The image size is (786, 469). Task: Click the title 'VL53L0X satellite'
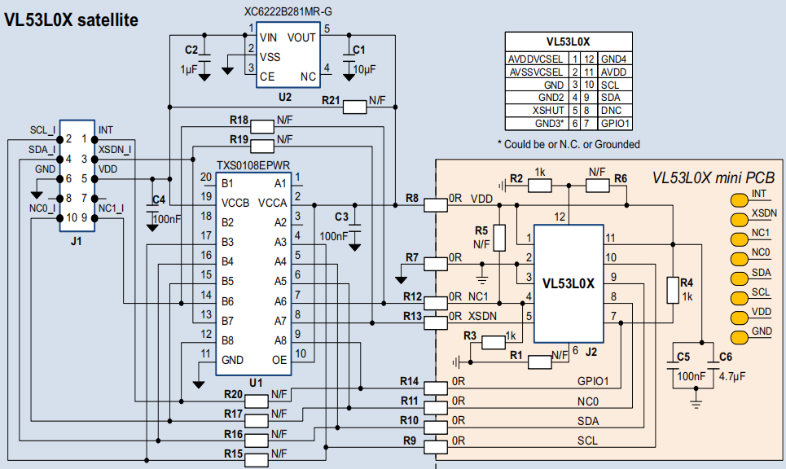71,20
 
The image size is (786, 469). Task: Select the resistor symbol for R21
355,107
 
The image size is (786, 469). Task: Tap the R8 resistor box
435,205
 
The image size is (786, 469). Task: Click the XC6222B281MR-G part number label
288,11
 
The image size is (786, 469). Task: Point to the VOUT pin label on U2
301,37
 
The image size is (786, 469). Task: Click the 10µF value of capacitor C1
364,69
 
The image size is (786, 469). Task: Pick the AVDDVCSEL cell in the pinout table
535,59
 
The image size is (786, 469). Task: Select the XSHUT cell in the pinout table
548,110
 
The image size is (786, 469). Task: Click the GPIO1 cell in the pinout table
615,123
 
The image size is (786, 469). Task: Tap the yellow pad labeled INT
740,200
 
